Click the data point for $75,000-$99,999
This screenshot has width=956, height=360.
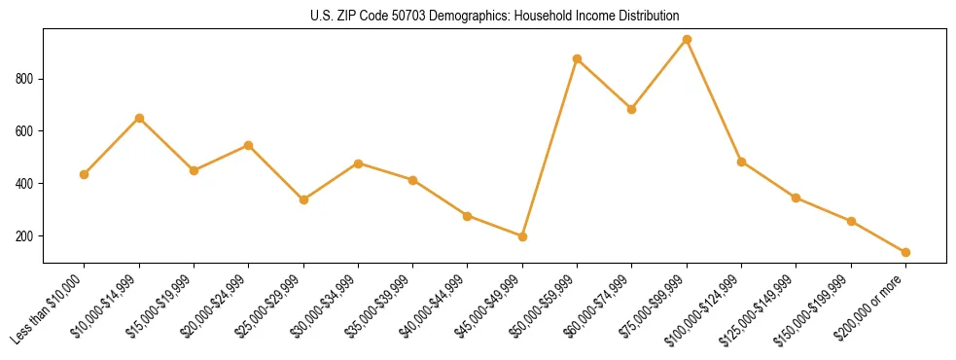point(687,40)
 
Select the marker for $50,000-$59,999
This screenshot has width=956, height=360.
point(577,59)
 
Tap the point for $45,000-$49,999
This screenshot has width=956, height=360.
point(522,236)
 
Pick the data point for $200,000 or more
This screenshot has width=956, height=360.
point(905,252)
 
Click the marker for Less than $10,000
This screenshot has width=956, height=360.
point(85,174)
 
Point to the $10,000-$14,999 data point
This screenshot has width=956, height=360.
point(139,119)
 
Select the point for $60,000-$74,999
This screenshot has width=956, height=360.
point(632,109)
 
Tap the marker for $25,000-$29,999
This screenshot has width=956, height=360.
point(303,199)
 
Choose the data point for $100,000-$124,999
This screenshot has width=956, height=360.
point(741,162)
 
